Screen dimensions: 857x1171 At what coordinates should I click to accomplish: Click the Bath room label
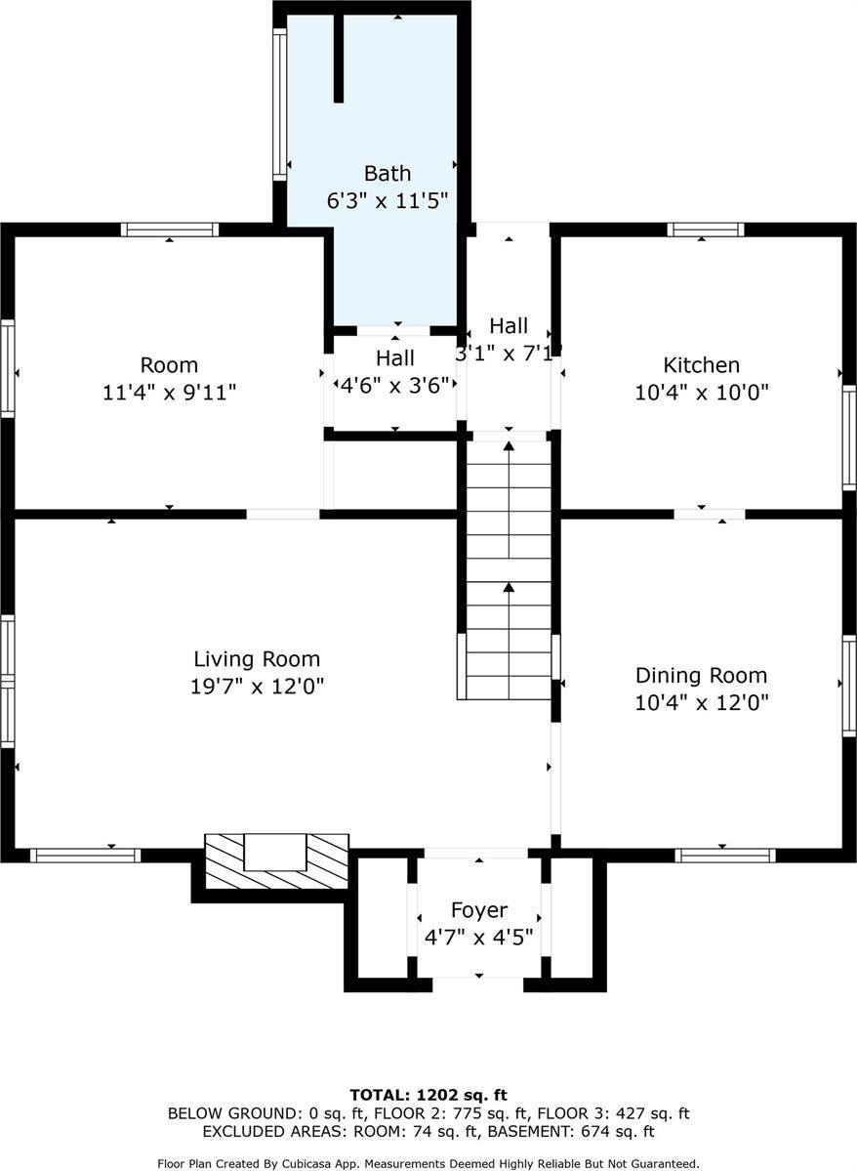387,173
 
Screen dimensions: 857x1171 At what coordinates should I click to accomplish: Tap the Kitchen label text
701,365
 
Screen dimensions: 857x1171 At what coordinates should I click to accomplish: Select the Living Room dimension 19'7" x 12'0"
257,687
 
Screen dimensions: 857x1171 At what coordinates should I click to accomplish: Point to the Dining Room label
701,676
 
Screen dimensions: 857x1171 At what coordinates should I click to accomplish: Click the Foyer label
478,910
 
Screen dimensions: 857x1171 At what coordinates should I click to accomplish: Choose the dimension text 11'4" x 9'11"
170,392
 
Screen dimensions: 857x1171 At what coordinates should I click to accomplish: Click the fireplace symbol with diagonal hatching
277,861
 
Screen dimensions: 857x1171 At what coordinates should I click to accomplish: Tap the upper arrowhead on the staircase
510,446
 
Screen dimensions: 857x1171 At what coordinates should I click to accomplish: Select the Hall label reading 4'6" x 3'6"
395,371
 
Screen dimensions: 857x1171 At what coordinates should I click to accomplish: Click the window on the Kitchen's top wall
706,230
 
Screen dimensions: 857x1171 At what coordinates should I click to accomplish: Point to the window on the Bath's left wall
280,104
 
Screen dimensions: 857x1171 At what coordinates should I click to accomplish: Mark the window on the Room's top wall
170,230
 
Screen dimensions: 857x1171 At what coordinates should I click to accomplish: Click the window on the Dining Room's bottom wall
725,856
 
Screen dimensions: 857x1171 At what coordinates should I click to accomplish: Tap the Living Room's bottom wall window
85,856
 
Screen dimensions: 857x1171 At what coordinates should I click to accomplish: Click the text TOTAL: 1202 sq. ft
428,1096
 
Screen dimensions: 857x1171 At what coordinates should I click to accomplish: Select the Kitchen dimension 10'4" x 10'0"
701,392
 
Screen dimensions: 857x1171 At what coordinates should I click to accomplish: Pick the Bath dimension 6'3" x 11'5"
387,200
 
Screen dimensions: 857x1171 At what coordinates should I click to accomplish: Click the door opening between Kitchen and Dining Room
710,514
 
